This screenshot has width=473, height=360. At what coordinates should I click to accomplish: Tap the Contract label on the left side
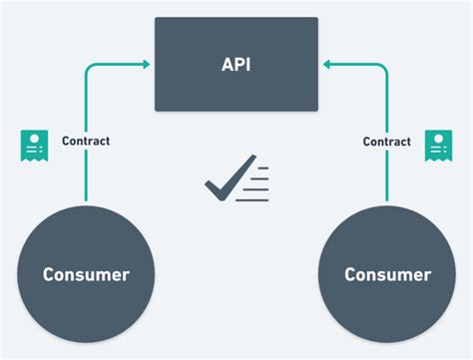(86, 141)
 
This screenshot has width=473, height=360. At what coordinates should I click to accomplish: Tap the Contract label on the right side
(386, 142)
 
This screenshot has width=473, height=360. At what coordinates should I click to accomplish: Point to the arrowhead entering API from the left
(146, 65)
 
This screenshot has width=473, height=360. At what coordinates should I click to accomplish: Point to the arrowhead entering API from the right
(325, 65)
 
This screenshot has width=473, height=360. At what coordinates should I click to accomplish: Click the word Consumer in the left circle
(86, 273)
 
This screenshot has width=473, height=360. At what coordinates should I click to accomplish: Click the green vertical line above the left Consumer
(87, 180)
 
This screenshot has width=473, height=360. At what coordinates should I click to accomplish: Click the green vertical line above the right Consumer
(386, 180)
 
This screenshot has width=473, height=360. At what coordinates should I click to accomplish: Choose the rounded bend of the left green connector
(90, 68)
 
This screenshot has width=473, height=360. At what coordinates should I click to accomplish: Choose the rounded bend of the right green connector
(383, 68)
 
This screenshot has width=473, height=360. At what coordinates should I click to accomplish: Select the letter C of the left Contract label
(65, 141)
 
